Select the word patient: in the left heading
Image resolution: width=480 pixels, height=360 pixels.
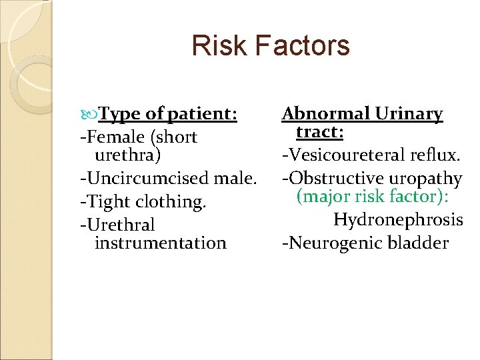202,115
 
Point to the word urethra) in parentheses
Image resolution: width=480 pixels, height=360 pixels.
127,155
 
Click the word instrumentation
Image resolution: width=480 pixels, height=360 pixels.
161,243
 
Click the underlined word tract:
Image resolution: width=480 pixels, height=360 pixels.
320,132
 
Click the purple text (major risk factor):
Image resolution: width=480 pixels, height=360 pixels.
372,197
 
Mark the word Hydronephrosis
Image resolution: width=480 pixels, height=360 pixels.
398,219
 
